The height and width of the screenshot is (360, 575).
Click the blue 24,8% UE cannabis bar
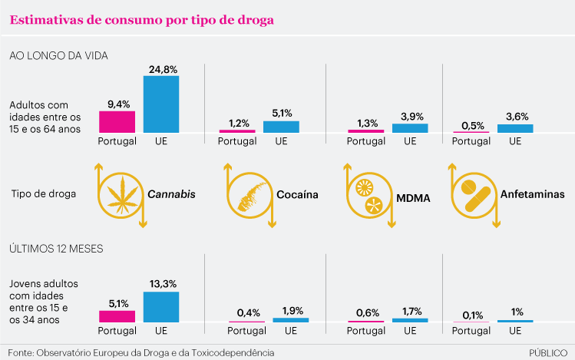click(160, 104)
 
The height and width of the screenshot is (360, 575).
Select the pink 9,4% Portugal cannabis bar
click(117, 122)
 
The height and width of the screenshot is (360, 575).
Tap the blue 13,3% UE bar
click(160, 306)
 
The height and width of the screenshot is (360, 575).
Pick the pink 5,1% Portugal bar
click(117, 315)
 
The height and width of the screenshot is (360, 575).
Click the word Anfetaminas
click(531, 195)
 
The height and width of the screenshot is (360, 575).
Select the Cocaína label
click(297, 195)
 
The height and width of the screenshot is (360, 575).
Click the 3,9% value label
click(410, 116)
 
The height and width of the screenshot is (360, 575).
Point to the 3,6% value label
click(515, 117)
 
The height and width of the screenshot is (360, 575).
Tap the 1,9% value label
click(290, 311)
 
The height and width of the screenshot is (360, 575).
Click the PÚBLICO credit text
click(549, 352)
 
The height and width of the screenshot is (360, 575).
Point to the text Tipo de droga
click(43, 195)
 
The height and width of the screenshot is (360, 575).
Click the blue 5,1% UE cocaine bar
click(281, 127)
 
